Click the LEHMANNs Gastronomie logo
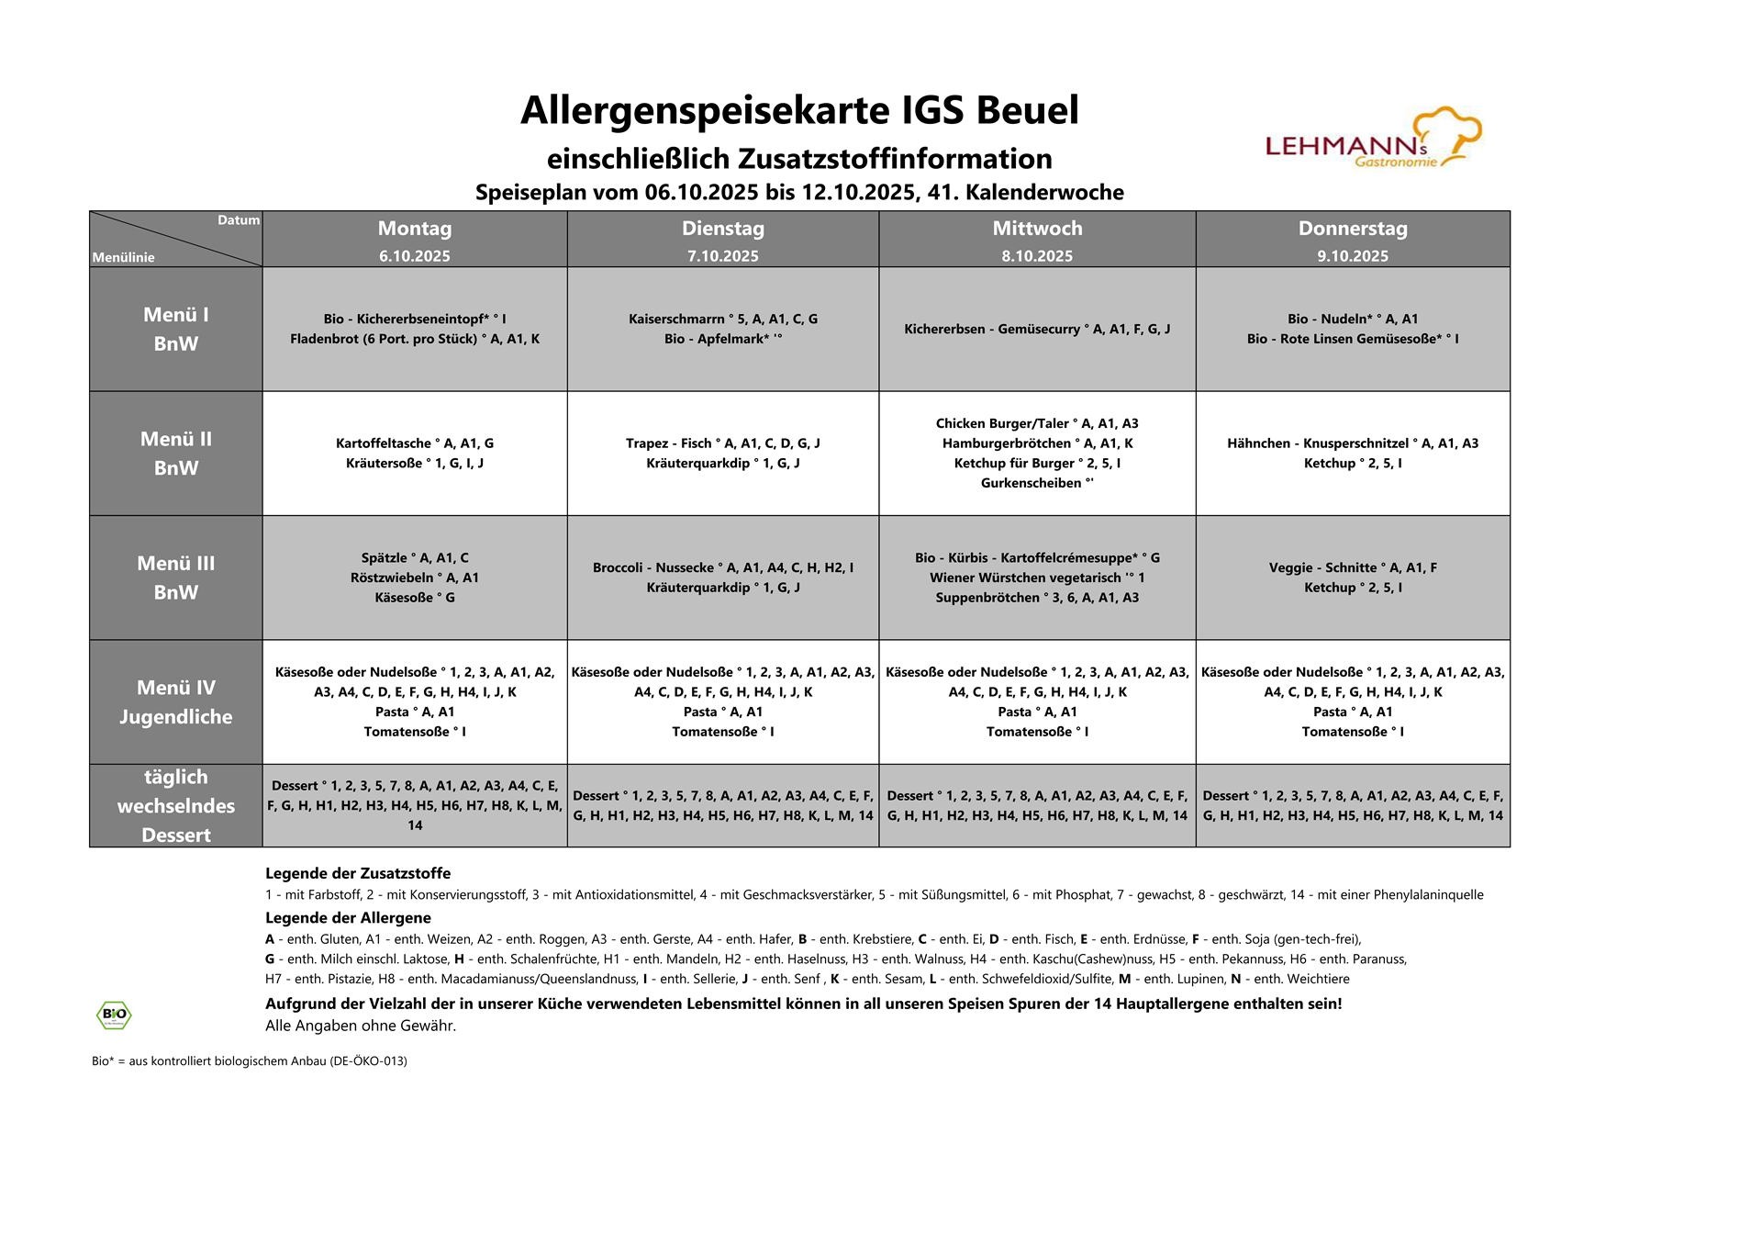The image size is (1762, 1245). (1373, 140)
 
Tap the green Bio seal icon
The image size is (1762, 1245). (114, 1015)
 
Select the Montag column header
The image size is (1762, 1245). (414, 229)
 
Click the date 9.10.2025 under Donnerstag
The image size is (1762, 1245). (1352, 256)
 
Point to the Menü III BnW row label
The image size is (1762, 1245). (175, 578)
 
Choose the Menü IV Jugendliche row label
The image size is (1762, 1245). (175, 702)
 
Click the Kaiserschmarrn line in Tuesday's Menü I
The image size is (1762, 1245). (722, 320)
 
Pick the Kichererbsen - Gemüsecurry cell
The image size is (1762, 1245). (1036, 329)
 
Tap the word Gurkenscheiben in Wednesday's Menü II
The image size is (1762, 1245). (1031, 483)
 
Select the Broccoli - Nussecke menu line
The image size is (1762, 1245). (722, 567)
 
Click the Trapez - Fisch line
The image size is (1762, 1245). (722, 443)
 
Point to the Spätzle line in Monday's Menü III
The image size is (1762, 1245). (414, 558)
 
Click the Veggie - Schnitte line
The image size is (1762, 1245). (1352, 567)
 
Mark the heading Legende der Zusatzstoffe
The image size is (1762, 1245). (358, 873)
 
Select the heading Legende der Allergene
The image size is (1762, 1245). (348, 917)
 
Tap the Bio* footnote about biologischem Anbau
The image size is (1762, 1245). (249, 1060)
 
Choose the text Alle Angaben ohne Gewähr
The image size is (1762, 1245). (360, 1026)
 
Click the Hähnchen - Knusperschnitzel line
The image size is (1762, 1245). (1352, 443)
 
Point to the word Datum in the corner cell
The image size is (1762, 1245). (238, 220)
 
